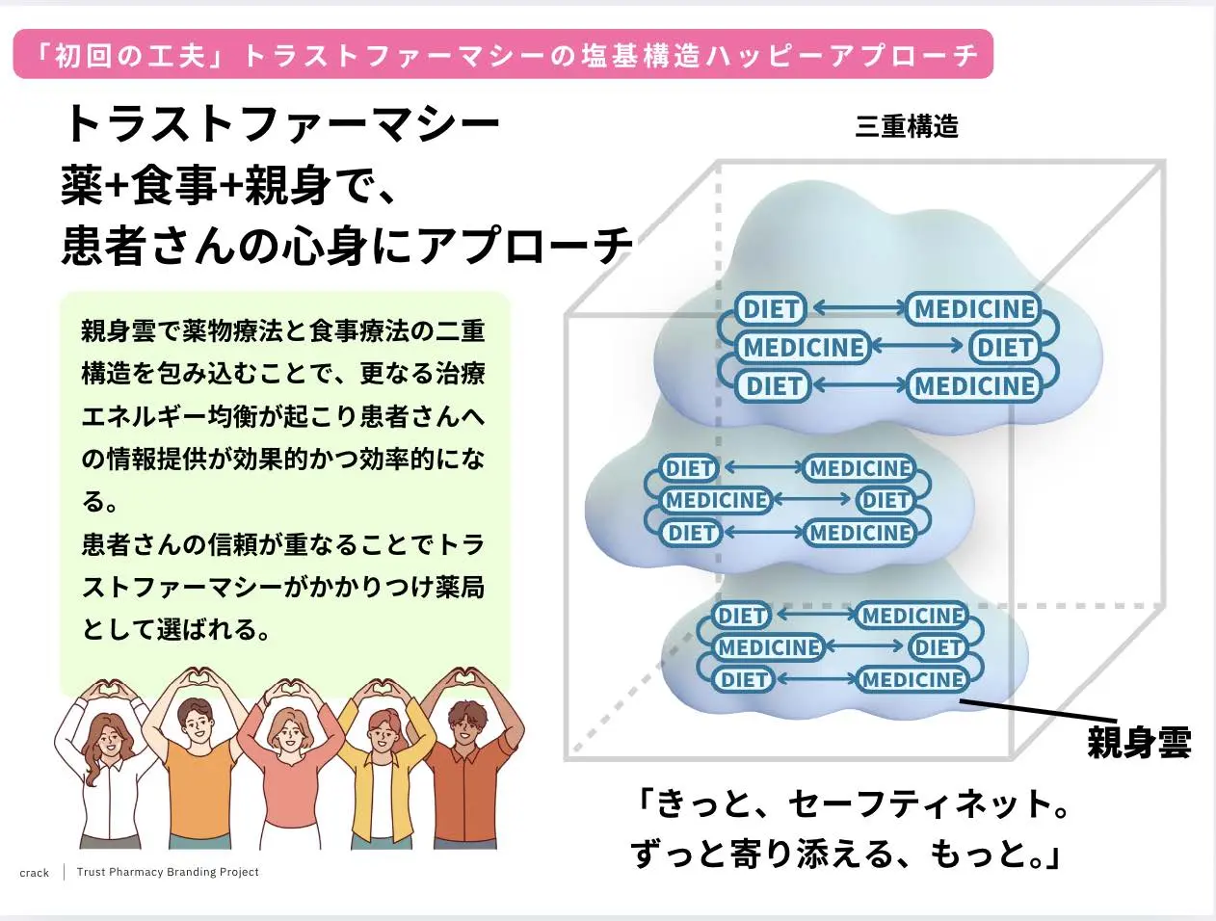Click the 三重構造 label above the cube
[906, 126]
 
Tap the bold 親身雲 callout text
[1139, 743]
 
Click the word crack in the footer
[34, 873]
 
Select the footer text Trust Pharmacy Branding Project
[168, 872]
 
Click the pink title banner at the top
[502, 54]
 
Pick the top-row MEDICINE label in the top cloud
[974, 308]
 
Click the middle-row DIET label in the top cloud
[1005, 347]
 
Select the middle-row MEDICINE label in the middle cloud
[716, 500]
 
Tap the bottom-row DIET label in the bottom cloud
[744, 679]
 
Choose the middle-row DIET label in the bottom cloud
[938, 647]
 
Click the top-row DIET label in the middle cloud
[689, 468]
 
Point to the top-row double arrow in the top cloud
[858, 308]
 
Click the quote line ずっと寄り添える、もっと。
[845, 854]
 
